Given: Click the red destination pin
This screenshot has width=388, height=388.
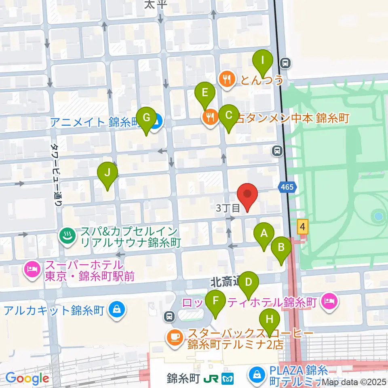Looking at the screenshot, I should click(247, 196).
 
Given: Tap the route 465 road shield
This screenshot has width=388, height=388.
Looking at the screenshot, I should click(288, 187).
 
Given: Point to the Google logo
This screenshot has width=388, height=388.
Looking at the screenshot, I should click(27, 378).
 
